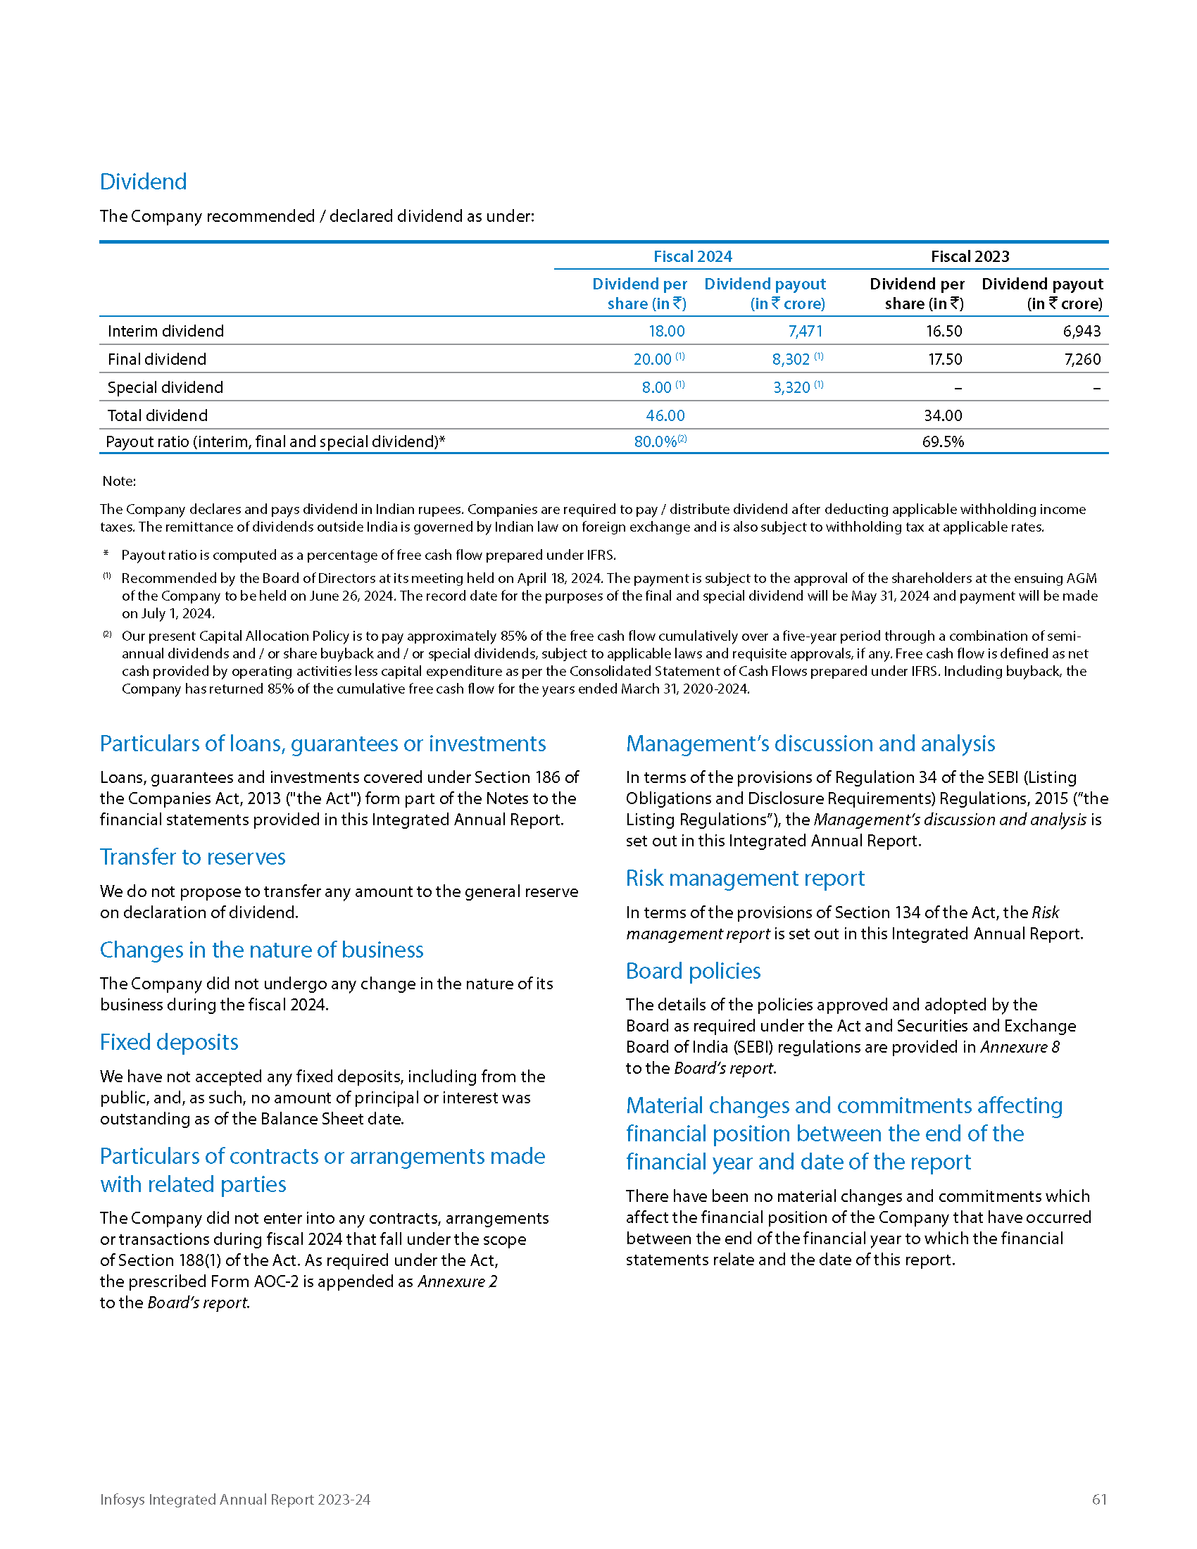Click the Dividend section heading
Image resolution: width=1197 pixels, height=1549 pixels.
click(143, 182)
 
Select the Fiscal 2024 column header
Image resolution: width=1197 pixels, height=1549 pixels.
click(692, 257)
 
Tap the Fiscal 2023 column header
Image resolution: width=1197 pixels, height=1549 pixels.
click(970, 257)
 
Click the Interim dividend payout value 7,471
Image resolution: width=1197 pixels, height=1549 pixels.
click(805, 331)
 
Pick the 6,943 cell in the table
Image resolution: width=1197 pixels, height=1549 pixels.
click(1082, 331)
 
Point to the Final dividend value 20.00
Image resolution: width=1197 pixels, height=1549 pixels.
click(653, 360)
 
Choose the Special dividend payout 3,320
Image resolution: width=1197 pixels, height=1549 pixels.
click(791, 388)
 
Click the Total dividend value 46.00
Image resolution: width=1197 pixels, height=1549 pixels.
click(665, 415)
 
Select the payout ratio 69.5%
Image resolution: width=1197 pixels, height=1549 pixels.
click(942, 442)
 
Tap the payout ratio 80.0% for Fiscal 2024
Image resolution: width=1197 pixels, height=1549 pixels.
click(656, 442)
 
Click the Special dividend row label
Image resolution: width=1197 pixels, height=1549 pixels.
click(165, 388)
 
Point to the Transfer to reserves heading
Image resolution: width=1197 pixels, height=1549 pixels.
click(192, 858)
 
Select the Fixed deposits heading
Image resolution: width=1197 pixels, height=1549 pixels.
click(169, 1043)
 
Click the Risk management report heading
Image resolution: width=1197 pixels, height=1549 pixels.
click(744, 879)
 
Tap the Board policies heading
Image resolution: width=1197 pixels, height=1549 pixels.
click(693, 972)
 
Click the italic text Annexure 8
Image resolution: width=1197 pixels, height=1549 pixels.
click(1020, 1048)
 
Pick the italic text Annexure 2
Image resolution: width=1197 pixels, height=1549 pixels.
click(458, 1281)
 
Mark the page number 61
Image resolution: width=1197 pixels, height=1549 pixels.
click(1099, 1499)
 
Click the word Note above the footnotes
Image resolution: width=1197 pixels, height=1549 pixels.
click(118, 482)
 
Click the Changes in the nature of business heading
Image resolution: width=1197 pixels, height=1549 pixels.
click(261, 951)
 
